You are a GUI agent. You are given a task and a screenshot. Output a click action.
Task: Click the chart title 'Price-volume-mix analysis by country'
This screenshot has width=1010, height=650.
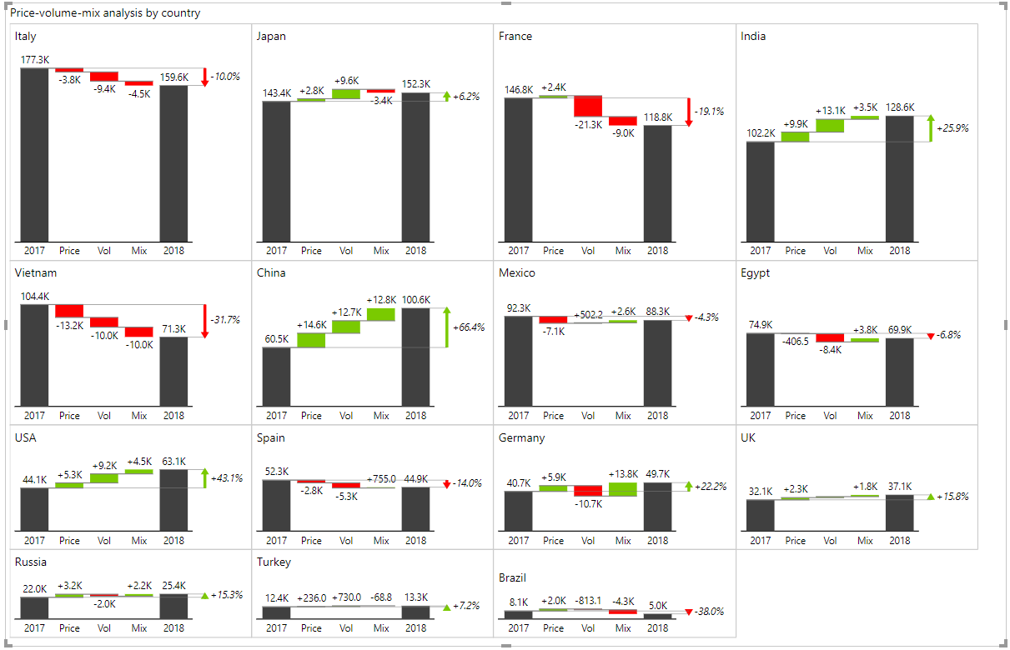(x=105, y=13)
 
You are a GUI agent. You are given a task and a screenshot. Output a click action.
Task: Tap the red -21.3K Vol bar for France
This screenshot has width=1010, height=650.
(x=588, y=106)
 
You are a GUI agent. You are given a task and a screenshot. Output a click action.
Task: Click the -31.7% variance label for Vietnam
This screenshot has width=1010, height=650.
(x=225, y=319)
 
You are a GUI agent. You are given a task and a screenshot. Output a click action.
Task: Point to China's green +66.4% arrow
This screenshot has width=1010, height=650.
(x=447, y=327)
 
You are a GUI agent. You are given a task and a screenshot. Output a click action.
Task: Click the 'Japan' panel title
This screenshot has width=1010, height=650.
(x=272, y=37)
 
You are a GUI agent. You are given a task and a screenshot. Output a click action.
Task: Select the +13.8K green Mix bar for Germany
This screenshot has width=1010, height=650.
(x=623, y=489)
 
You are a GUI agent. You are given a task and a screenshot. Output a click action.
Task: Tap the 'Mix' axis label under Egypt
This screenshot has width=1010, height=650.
(x=865, y=416)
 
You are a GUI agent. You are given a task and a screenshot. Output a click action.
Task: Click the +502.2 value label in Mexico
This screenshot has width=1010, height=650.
(x=588, y=314)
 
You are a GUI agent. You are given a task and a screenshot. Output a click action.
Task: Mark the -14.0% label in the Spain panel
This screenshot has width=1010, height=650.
(x=467, y=483)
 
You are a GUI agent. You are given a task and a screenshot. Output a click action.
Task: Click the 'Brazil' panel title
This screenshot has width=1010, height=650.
(x=513, y=578)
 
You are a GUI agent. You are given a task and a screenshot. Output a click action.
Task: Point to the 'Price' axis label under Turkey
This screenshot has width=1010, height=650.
(x=311, y=627)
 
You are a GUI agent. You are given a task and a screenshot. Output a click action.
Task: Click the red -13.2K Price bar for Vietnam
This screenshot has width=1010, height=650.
(x=69, y=311)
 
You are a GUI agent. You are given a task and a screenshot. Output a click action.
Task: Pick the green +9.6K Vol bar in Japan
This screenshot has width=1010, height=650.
(x=346, y=93)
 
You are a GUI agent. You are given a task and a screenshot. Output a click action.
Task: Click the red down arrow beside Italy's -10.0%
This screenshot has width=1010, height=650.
(x=204, y=77)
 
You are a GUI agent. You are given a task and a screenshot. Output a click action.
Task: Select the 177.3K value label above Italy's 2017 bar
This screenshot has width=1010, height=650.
(x=35, y=60)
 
